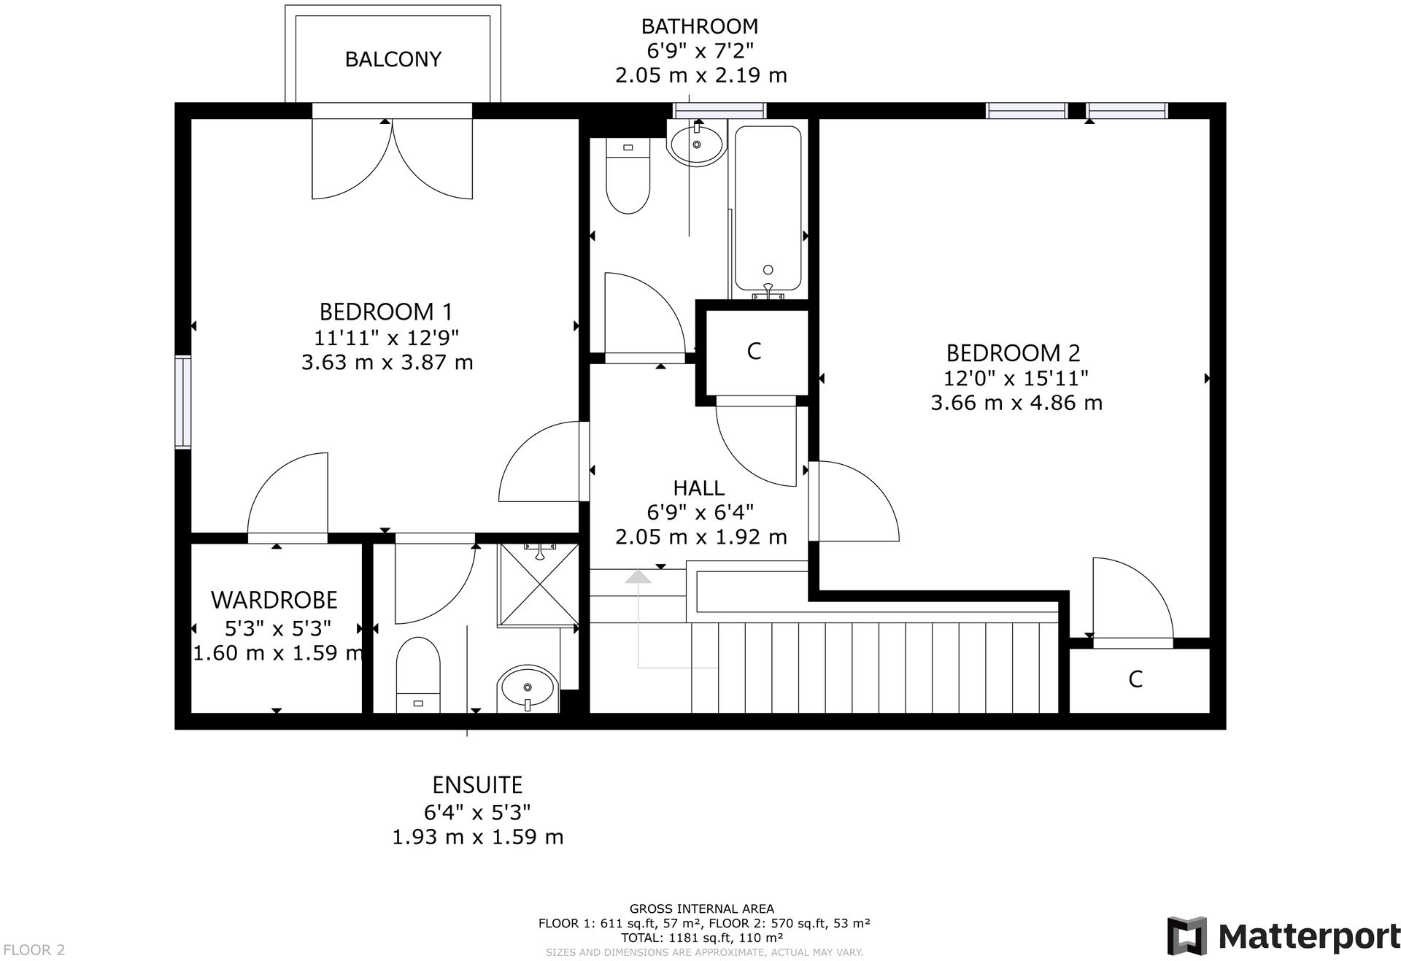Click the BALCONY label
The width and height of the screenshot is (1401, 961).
pyautogui.click(x=393, y=59)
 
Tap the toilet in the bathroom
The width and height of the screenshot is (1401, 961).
pyautogui.click(x=628, y=178)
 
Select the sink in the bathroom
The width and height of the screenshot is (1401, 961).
pyautogui.click(x=696, y=145)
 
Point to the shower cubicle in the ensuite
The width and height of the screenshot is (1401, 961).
pyautogui.click(x=539, y=584)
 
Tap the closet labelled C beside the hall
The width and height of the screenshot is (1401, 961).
pyautogui.click(x=754, y=352)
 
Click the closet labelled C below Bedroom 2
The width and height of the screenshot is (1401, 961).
pyautogui.click(x=1135, y=679)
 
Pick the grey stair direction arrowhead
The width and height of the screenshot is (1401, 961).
pyautogui.click(x=638, y=576)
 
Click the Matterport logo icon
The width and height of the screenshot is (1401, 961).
pyautogui.click(x=1186, y=935)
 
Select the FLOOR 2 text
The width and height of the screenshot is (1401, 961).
pyautogui.click(x=34, y=949)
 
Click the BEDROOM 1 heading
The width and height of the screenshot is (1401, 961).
pyautogui.click(x=386, y=312)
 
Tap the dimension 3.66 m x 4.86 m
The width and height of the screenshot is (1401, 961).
pyautogui.click(x=1016, y=403)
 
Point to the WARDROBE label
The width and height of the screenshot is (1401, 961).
pyautogui.click(x=274, y=600)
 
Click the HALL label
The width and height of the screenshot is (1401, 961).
pyautogui.click(x=698, y=487)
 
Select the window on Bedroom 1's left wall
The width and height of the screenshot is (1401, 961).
pyautogui.click(x=182, y=401)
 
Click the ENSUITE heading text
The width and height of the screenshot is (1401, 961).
pyautogui.click(x=477, y=785)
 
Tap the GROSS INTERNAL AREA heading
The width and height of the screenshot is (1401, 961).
pyautogui.click(x=701, y=908)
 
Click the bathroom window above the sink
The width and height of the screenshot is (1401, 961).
pyautogui.click(x=719, y=111)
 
